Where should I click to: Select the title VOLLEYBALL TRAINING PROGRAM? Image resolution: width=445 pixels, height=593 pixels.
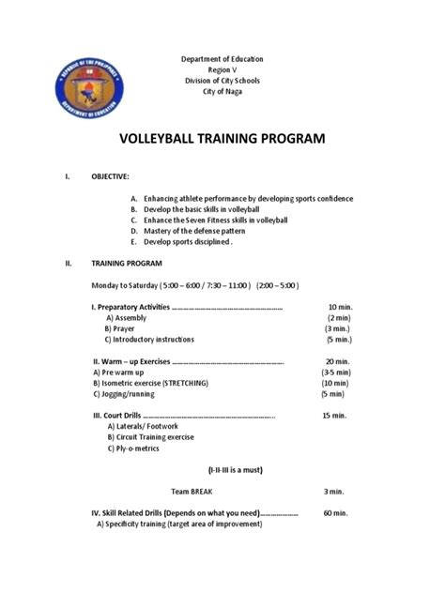pyautogui.click(x=222, y=139)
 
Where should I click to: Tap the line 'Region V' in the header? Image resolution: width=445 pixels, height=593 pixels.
pyautogui.click(x=222, y=69)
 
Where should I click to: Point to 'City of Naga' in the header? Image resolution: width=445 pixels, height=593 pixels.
pyautogui.click(x=222, y=90)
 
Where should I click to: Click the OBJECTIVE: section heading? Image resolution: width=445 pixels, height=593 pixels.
pyautogui.click(x=110, y=175)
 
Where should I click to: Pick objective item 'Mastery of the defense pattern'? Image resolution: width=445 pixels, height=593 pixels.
pyautogui.click(x=198, y=230)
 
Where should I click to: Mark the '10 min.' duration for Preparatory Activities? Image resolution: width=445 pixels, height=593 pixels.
pyautogui.click(x=339, y=307)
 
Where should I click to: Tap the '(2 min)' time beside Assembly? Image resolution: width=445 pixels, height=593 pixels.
pyautogui.click(x=339, y=318)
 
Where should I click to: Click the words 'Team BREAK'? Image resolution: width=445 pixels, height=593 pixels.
pyautogui.click(x=192, y=491)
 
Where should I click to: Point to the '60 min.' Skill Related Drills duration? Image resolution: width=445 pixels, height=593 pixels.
pyautogui.click(x=335, y=513)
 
